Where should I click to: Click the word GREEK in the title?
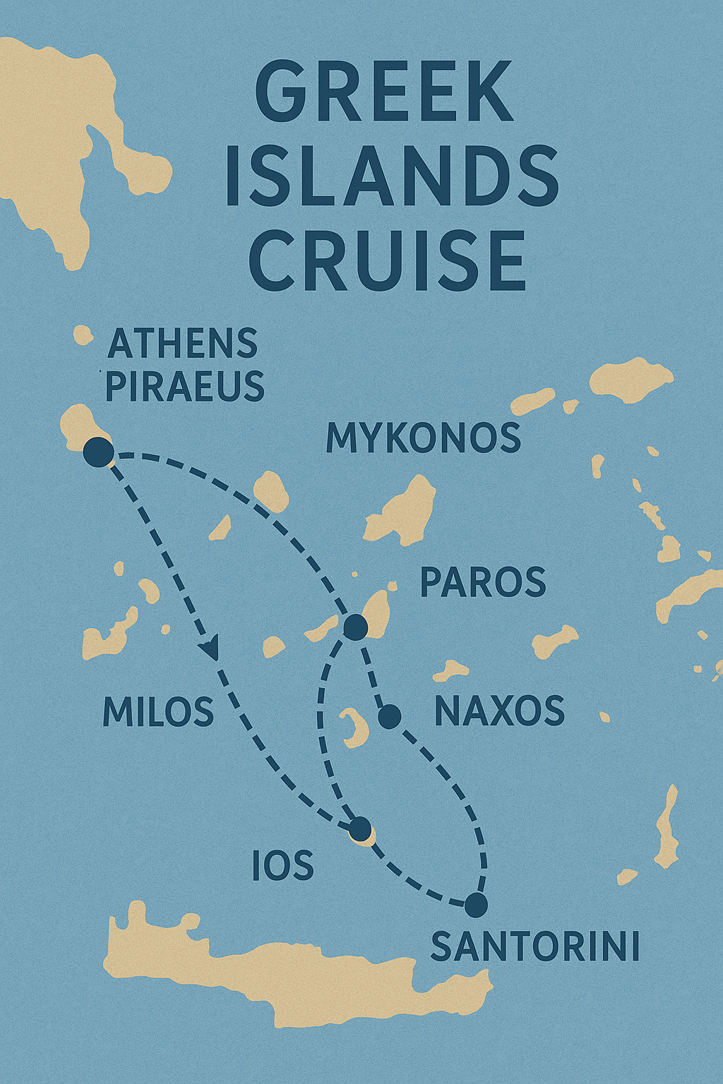[385, 92]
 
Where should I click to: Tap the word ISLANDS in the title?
[393, 176]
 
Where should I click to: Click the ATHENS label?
[182, 344]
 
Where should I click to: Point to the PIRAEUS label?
[185, 387]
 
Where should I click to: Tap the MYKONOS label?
[423, 438]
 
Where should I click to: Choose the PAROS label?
[483, 582]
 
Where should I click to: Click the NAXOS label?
[499, 711]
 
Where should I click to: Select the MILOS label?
[158, 711]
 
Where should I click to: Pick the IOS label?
[282, 865]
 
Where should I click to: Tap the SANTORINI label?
[535, 946]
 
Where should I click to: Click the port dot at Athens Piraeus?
[98, 452]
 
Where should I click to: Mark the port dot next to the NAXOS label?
[390, 717]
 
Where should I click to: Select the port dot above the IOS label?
[360, 829]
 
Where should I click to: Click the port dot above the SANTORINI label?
[477, 904]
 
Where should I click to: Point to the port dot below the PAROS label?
[354, 626]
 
